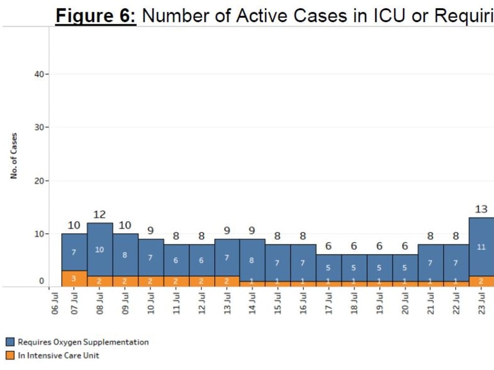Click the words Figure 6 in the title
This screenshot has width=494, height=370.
click(x=96, y=15)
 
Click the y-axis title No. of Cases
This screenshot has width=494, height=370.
click(x=14, y=155)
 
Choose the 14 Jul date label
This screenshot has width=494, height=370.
click(x=252, y=304)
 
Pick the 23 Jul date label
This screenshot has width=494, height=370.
click(x=482, y=304)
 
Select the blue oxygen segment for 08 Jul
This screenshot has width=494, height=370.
click(x=99, y=249)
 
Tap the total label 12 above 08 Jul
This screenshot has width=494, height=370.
click(x=99, y=214)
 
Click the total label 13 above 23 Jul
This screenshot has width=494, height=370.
click(x=482, y=209)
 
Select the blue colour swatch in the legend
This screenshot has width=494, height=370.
click(x=10, y=342)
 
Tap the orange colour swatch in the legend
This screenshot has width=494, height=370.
click(x=10, y=356)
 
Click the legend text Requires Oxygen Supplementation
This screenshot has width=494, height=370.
click(x=83, y=342)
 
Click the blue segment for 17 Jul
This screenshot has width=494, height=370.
click(x=329, y=268)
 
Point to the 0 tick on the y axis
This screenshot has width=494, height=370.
click(x=42, y=281)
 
